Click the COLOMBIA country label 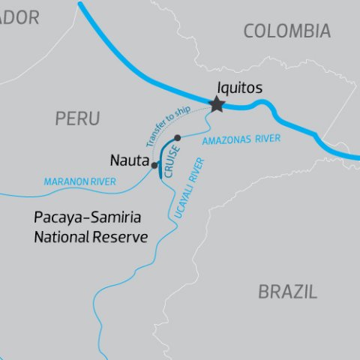point(286,31)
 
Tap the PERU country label point(77,118)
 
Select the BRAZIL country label point(287,292)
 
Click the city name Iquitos point(238,88)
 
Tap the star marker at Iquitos point(217,104)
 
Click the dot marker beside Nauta point(154,165)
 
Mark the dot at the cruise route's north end point(177,137)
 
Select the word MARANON point(64,181)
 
